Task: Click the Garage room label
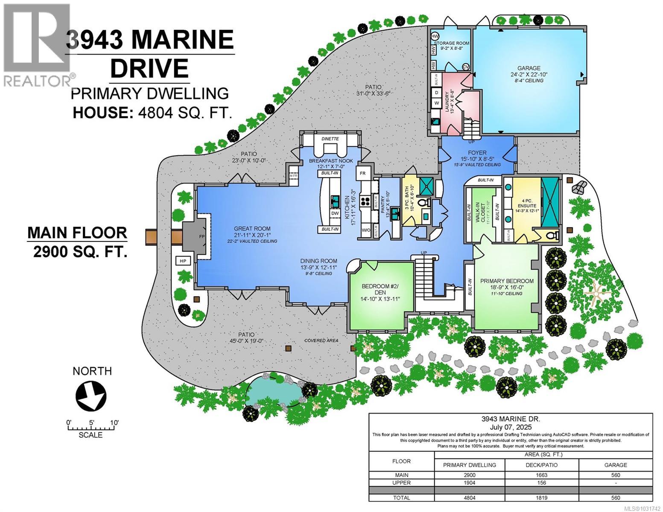(x=529, y=68)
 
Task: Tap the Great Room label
(x=252, y=228)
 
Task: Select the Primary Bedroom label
(x=507, y=281)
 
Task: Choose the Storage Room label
(x=451, y=43)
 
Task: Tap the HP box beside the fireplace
(x=183, y=260)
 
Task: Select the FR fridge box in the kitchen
(x=363, y=173)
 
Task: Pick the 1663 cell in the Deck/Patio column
(x=541, y=475)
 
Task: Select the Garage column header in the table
(x=615, y=465)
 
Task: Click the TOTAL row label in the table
(x=401, y=497)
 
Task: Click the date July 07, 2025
(x=511, y=427)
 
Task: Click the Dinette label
(x=330, y=139)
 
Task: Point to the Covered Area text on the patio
(x=321, y=340)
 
